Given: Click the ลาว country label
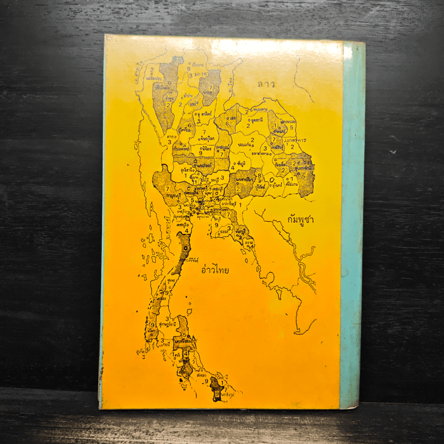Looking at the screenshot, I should [266, 84].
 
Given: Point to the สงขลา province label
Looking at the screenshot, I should [201, 376].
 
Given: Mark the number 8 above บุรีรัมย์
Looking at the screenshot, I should [259, 176].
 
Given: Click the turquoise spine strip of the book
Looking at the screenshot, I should [352, 222].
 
